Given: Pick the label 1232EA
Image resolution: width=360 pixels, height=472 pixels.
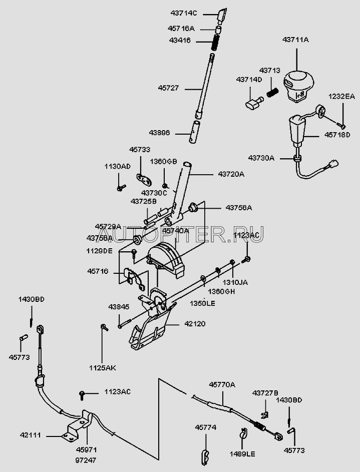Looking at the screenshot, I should (x=341, y=96).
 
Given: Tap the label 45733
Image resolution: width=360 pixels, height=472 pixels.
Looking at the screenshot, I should (x=140, y=149).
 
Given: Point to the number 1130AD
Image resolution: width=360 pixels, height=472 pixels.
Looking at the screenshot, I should (x=117, y=166).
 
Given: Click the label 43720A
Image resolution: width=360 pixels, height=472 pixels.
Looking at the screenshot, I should (x=231, y=174).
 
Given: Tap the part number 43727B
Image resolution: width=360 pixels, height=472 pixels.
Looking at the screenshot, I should (x=265, y=392).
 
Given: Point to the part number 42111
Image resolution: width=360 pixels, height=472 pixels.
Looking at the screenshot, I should (x=33, y=436).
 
